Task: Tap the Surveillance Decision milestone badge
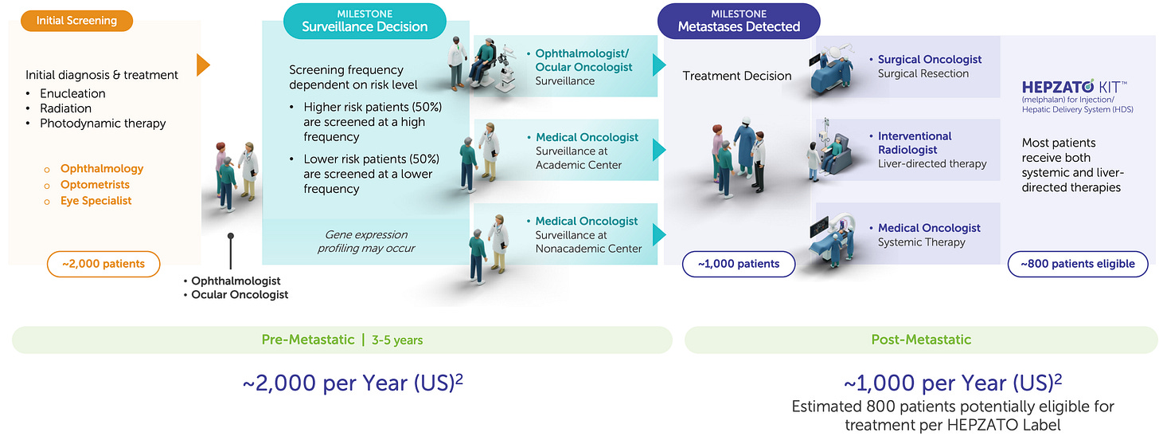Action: (x=365, y=20)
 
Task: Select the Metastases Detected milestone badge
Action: (x=738, y=20)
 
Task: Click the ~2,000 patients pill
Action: (x=103, y=264)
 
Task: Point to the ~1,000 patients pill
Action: (x=738, y=264)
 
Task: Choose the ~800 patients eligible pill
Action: (x=1078, y=264)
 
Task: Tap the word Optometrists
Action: (x=96, y=185)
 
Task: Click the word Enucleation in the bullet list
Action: (x=72, y=93)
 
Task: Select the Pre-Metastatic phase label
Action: (x=308, y=340)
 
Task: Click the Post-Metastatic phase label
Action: (x=921, y=340)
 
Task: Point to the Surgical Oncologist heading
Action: (x=930, y=60)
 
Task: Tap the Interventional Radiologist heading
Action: (x=915, y=143)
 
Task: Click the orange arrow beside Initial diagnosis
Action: (x=203, y=65)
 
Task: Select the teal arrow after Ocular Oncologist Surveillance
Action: (x=658, y=65)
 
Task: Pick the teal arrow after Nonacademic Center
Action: (x=658, y=234)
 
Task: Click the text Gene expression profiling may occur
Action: (x=366, y=242)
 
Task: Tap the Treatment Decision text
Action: (x=737, y=77)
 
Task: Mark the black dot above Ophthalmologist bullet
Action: (x=230, y=237)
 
